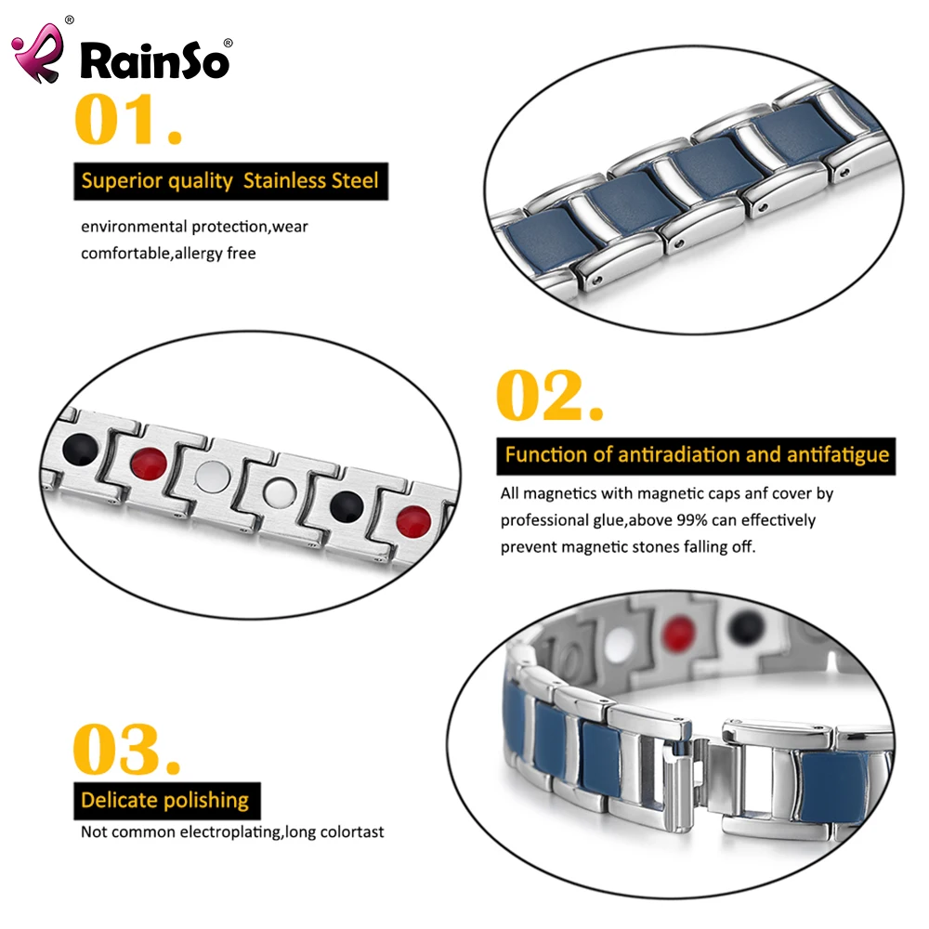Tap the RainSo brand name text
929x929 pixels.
(154, 60)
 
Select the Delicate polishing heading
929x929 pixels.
(165, 800)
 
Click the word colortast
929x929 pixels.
(350, 831)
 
